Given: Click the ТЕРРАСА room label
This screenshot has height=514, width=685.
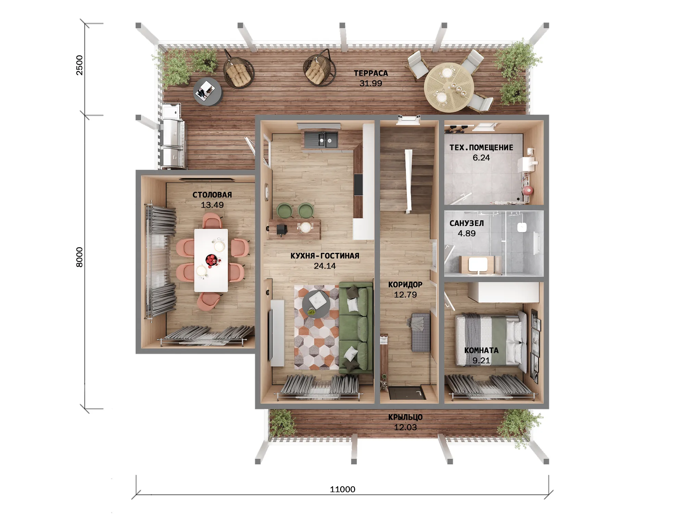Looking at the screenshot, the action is (371, 73).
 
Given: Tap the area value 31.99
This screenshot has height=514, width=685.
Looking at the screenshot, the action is (371, 83).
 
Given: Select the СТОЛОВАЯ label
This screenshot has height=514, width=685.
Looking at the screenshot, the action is (212, 195).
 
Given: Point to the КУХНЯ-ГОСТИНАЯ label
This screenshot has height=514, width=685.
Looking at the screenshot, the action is (325, 256).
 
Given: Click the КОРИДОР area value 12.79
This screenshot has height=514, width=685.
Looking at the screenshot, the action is (406, 295).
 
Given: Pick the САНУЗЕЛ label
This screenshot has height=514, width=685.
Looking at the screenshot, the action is (467, 223).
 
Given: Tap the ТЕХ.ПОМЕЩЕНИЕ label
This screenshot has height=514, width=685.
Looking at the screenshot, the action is (481, 147).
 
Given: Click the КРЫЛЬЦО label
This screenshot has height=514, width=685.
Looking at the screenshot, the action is (406, 417).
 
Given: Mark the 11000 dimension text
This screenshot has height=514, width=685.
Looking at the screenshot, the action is (342, 489).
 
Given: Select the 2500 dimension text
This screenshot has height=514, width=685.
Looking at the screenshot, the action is (79, 65).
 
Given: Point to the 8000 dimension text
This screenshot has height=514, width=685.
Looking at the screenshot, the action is (79, 257).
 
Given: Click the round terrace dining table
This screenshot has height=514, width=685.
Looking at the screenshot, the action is (449, 87).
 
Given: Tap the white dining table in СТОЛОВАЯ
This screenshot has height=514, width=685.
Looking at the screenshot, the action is (211, 260).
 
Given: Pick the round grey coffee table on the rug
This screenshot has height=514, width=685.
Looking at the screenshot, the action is (316, 304).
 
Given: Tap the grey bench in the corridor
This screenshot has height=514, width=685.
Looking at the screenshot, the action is (421, 332).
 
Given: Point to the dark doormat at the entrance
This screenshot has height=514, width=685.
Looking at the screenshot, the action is (408, 393).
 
